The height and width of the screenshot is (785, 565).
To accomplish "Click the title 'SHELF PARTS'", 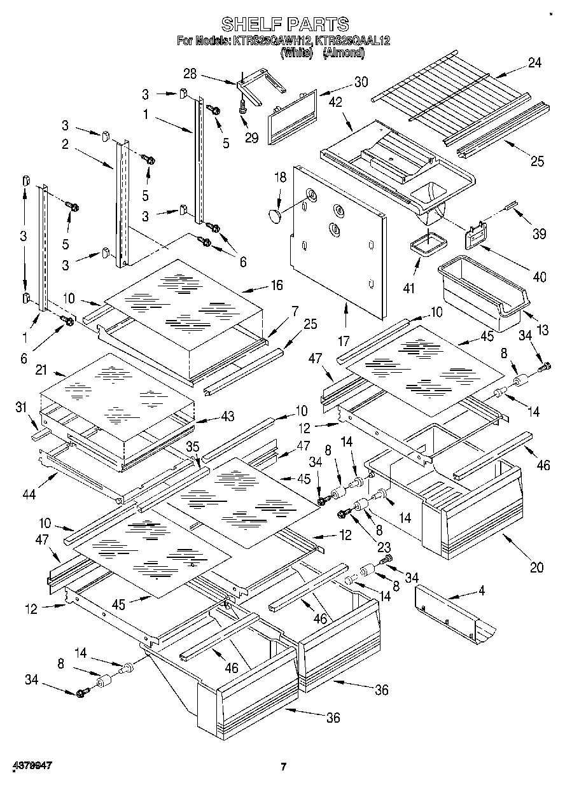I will (284, 24).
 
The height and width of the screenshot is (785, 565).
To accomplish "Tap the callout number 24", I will (534, 62).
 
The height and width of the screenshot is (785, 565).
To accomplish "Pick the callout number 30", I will (361, 81).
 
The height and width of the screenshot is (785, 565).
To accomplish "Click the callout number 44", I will (28, 494).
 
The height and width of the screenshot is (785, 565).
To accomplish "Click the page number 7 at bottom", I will (284, 767).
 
